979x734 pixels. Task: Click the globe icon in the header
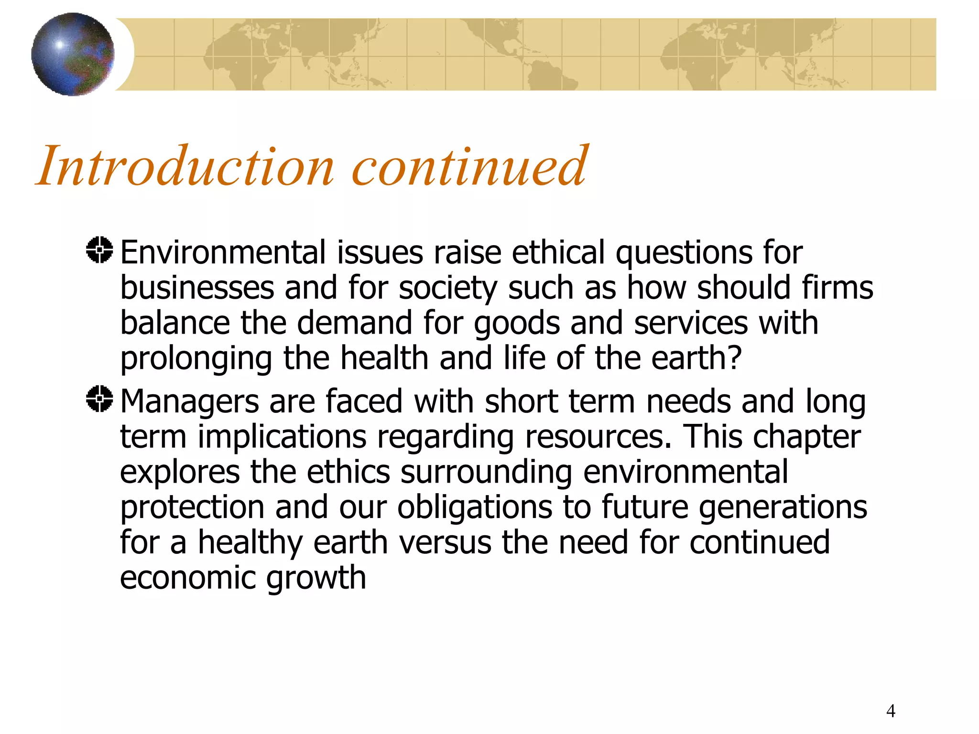[73, 54]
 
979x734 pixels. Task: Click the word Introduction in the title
[185, 166]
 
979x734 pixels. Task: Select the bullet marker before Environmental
[100, 250]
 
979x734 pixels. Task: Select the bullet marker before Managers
[100, 399]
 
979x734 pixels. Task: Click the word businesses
[197, 288]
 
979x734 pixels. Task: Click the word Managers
[189, 401]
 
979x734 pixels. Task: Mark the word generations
[783, 508]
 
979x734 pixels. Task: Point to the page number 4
[891, 711]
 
